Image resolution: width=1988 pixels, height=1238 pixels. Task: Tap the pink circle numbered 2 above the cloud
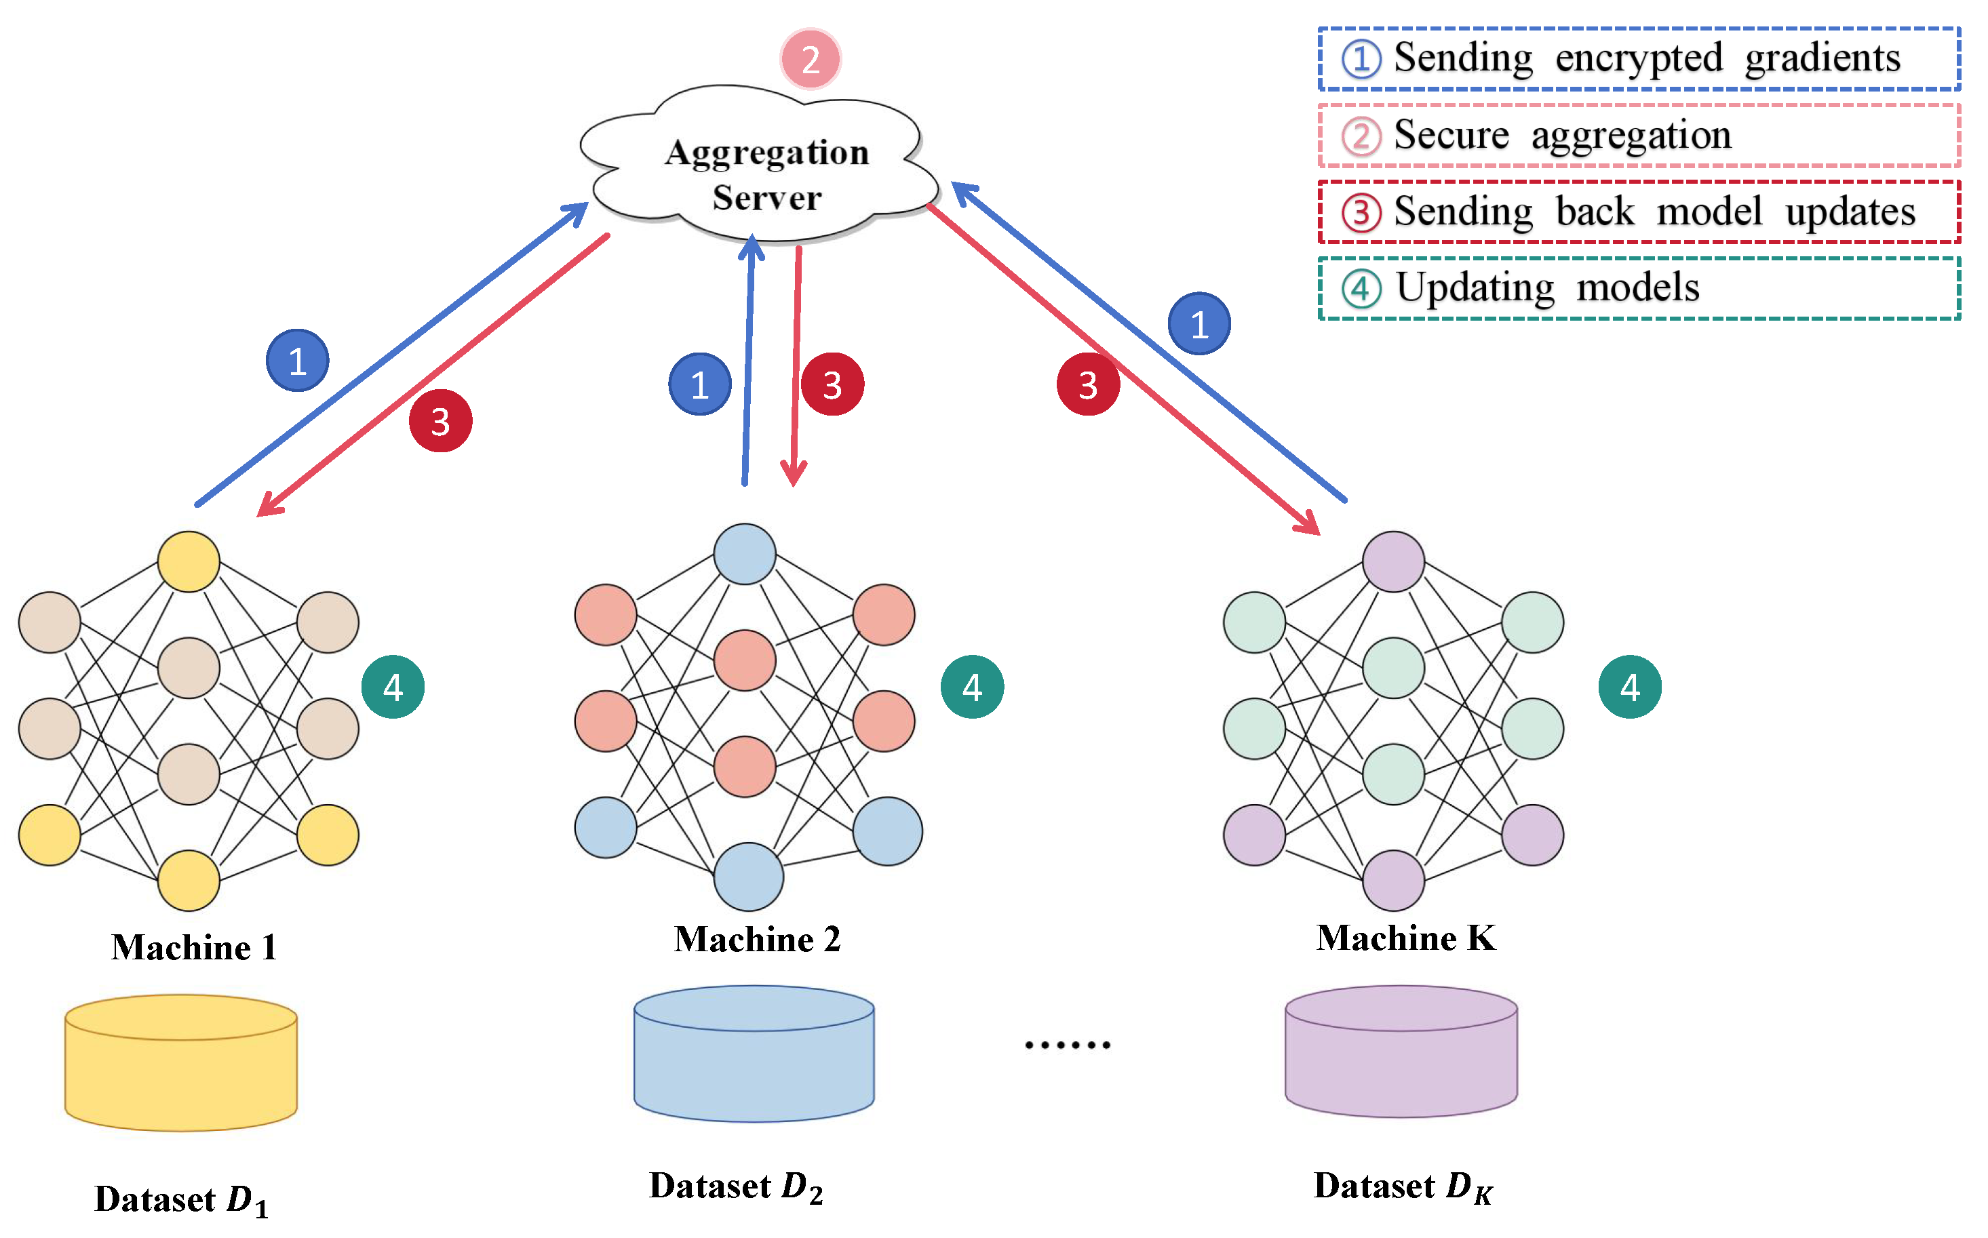coord(810,59)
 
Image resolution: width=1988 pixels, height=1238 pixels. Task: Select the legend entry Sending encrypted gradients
coord(1638,59)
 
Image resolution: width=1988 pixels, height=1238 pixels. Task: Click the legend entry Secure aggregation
coord(1638,136)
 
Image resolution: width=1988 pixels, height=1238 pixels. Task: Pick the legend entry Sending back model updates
coord(1638,212)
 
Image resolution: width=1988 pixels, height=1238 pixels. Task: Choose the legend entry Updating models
coord(1638,288)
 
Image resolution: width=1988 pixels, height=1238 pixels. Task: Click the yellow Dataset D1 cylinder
coord(181,1064)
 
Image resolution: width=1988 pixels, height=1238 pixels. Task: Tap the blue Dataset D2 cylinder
coord(754,1056)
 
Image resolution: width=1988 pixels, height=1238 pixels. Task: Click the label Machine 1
coord(194,948)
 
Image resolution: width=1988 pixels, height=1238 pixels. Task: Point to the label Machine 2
coord(757,940)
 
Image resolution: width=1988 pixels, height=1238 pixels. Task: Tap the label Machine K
coord(1405,938)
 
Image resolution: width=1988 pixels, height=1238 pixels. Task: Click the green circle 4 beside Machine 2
coord(971,687)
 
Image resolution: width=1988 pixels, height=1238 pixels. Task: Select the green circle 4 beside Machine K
coord(1630,687)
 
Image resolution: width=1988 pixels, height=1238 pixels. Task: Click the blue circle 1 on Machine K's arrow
coord(1199,324)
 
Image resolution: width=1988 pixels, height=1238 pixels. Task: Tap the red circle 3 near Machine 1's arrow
coord(441,422)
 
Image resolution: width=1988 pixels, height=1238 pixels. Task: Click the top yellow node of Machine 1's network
coord(189,561)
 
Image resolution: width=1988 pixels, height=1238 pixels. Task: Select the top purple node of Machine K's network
coord(1393,561)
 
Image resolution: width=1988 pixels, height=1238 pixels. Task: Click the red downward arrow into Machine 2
coord(796,368)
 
